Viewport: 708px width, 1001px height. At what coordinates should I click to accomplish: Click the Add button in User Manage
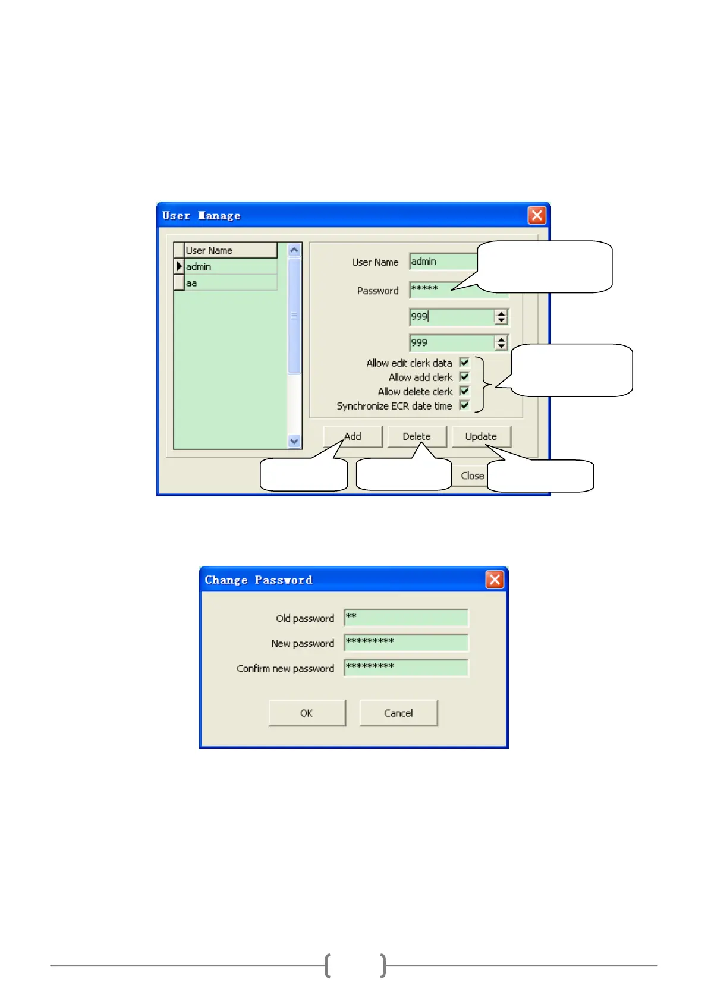(353, 436)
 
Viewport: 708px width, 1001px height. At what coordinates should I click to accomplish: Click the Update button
(481, 436)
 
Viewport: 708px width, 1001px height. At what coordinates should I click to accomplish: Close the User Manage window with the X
(537, 215)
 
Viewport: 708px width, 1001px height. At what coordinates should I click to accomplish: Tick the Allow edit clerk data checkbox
(464, 363)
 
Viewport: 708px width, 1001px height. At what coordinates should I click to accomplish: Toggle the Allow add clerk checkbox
(464, 377)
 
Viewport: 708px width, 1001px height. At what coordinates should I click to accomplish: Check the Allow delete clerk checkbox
(464, 391)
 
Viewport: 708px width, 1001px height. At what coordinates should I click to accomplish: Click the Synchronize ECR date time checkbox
(464, 405)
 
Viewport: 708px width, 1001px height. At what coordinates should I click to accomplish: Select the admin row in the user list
(230, 267)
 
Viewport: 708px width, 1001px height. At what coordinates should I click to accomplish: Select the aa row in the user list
(230, 283)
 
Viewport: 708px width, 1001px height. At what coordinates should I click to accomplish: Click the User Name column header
(230, 250)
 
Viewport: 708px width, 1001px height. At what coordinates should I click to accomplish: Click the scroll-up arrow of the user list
(294, 250)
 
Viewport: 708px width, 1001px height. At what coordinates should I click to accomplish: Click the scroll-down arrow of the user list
(294, 441)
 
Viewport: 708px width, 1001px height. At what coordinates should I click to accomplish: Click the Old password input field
(406, 618)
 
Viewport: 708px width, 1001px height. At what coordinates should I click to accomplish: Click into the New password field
(406, 643)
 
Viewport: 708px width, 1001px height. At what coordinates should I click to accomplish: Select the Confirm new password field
(406, 668)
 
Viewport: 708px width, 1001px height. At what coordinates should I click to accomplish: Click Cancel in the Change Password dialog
(398, 713)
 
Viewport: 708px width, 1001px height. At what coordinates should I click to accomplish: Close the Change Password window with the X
(495, 580)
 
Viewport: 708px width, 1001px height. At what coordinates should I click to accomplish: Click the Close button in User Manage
(472, 476)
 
